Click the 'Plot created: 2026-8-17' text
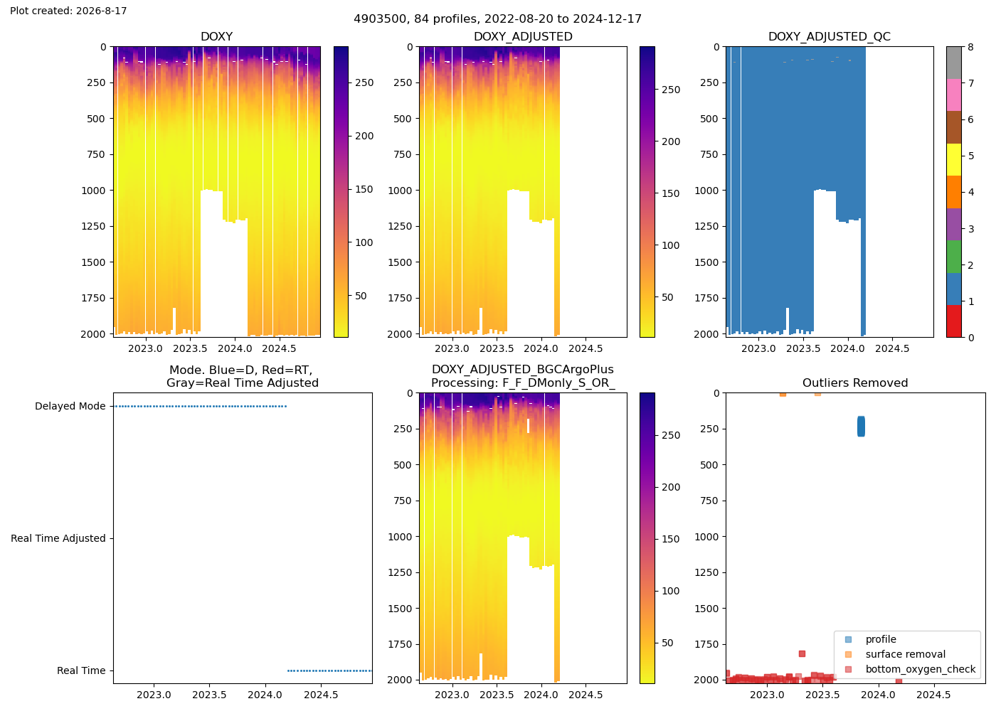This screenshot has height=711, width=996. [68, 11]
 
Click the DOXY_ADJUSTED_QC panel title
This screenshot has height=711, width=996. [830, 36]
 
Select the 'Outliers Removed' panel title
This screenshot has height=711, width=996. [855, 383]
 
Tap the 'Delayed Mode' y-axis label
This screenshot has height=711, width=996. [70, 406]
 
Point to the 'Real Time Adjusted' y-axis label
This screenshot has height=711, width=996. [58, 538]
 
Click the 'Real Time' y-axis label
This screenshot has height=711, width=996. [81, 670]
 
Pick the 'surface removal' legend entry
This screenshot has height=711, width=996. [905, 654]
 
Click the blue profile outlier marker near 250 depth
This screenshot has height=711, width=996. [861, 427]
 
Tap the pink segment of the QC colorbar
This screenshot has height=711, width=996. [953, 95]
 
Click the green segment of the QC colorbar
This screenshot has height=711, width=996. [953, 257]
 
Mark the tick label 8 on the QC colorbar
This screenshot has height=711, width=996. [970, 47]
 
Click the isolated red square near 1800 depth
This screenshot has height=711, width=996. [802, 653]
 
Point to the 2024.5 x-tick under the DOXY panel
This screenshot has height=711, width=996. [279, 348]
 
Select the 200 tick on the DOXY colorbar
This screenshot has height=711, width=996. [364, 136]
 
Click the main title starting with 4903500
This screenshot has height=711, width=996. [497, 18]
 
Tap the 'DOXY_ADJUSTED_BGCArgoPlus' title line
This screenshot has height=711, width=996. [522, 369]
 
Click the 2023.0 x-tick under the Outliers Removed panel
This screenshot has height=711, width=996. [767, 695]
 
